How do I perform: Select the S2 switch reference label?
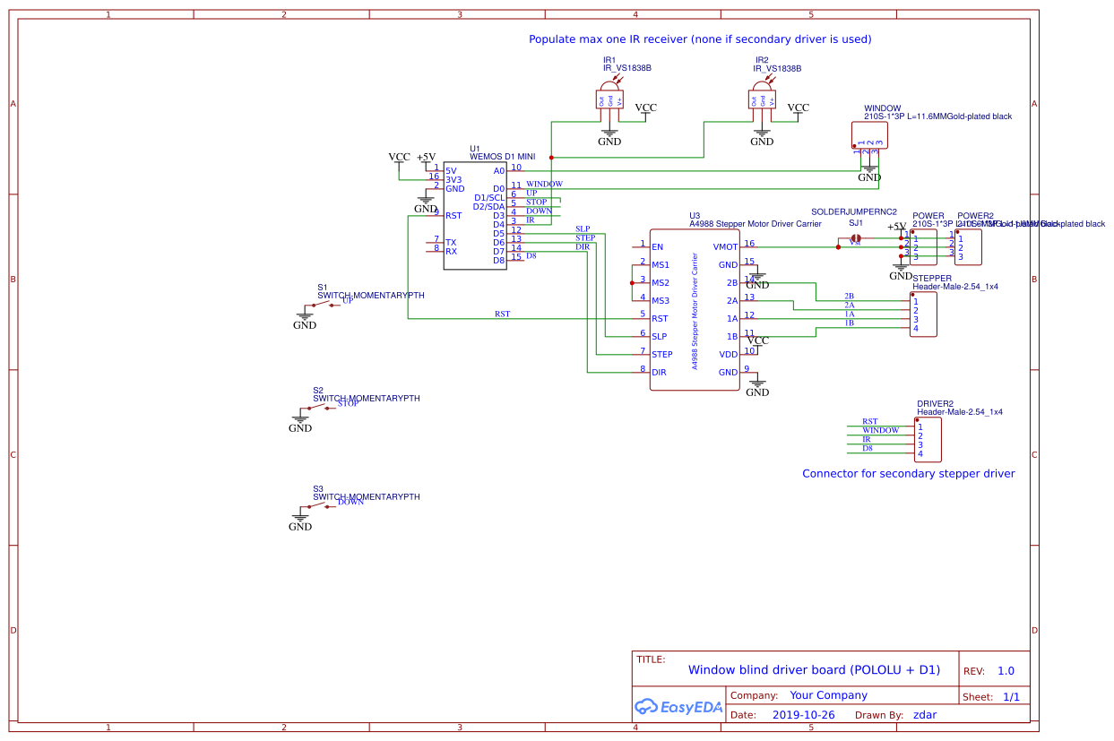coord(318,390)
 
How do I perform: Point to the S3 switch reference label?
coord(318,488)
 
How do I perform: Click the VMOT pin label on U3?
coord(724,246)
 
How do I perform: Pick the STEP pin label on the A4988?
coord(661,354)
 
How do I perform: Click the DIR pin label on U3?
coord(659,372)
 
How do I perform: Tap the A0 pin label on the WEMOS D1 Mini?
coord(499,170)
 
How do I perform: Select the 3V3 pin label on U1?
coord(453,179)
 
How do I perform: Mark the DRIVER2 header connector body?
coord(928,439)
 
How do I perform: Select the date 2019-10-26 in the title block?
coord(803,715)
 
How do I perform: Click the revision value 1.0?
coord(1006,671)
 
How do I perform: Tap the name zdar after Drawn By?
coord(925,715)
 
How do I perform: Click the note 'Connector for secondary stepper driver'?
coord(908,473)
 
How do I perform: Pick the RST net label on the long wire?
coord(502,314)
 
